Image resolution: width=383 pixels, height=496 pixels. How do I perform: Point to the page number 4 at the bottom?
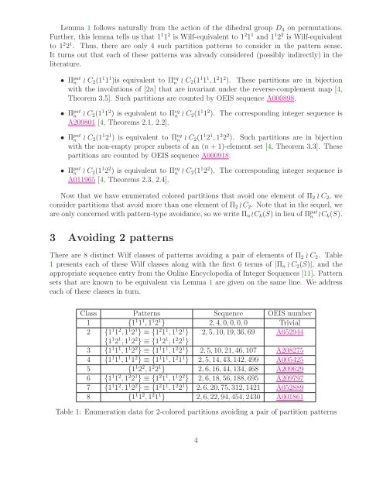[x=191, y=480]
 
